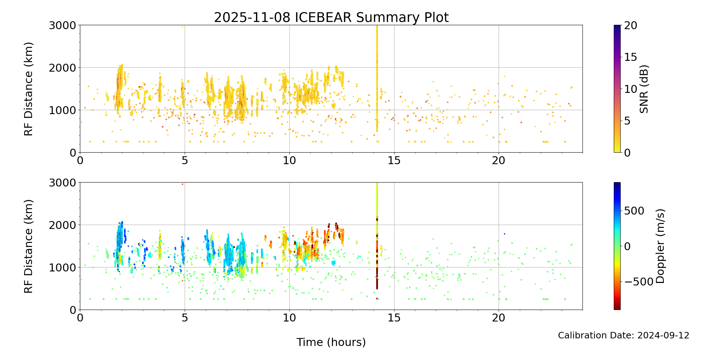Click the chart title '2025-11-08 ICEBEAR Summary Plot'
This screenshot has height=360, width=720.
pos(331,17)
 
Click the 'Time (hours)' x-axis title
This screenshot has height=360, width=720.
pos(331,342)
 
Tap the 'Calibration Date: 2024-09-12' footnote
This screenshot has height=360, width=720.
pos(624,336)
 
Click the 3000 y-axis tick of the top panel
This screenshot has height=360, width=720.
pos(63,26)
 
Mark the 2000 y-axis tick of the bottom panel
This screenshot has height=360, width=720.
pos(63,225)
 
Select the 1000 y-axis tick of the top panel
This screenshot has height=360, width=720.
pos(63,110)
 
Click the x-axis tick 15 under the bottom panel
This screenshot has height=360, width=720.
pos(394,318)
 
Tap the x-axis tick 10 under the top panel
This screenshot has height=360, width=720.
pos(289,161)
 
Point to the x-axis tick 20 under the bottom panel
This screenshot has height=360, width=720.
pos(499,318)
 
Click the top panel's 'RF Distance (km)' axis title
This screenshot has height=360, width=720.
pos(28,89)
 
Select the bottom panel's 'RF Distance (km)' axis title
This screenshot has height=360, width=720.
pos(28,246)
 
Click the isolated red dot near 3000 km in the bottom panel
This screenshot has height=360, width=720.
pos(183,184)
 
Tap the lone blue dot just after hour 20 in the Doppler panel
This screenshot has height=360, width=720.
pos(504,234)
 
